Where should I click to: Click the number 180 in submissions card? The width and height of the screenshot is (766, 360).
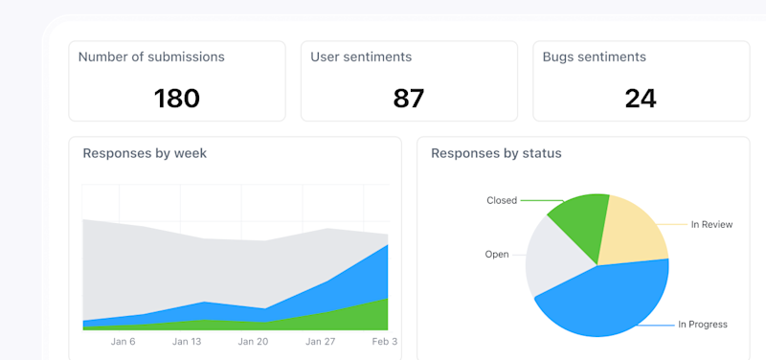point(177,98)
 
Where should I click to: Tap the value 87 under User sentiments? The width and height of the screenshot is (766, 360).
point(409,98)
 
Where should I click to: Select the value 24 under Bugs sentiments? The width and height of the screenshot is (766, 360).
point(641,98)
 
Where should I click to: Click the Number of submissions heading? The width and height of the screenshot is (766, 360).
point(151,56)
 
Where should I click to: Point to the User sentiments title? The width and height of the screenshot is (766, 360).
point(361,56)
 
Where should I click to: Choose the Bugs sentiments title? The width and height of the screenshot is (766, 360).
point(594,56)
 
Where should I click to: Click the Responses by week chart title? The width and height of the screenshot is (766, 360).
point(145,153)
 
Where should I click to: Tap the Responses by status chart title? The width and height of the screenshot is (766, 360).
point(496,153)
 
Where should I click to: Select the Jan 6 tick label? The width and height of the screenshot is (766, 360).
point(124,341)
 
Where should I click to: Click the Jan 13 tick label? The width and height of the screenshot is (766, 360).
point(187,341)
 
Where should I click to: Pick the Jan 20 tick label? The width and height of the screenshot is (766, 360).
point(253,341)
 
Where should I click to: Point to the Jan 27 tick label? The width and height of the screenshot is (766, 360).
point(320,341)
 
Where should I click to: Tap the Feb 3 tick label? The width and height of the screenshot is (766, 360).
point(383,341)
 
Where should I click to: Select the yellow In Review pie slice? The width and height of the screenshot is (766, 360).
point(633,230)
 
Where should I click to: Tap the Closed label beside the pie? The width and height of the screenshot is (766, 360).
point(502,201)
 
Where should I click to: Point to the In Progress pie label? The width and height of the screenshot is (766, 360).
point(702,325)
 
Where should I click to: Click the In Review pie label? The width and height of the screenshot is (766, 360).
point(711,224)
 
